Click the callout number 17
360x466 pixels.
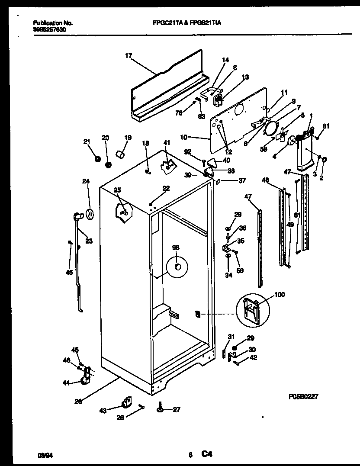pyautogui.click(x=128, y=55)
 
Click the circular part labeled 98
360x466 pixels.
pyautogui.click(x=177, y=268)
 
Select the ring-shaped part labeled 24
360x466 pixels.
pyautogui.click(x=90, y=214)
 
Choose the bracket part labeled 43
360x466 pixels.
pyautogui.click(x=126, y=402)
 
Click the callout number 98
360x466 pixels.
pyautogui.click(x=176, y=248)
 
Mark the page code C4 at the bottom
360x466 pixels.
pyautogui.click(x=206, y=454)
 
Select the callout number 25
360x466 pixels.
pyautogui.click(x=116, y=190)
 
